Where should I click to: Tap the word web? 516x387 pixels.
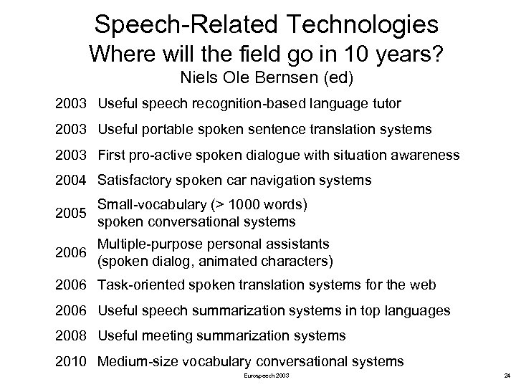tap(422, 285)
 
